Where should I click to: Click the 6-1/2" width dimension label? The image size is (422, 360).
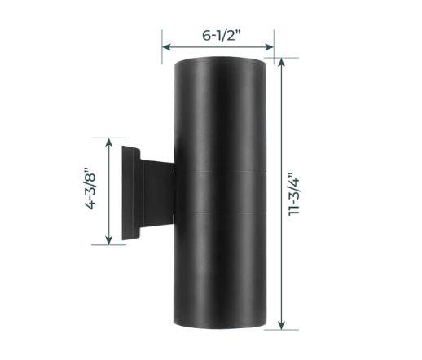pos(222,35)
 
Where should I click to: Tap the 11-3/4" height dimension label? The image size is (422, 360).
pos(294,194)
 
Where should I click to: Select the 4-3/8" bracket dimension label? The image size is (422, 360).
pos(90,189)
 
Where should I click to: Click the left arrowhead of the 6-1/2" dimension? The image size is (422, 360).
pos(166,47)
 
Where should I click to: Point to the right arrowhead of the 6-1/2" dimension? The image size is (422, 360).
pos(270,47)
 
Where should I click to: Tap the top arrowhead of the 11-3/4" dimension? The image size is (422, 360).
pos(281,63)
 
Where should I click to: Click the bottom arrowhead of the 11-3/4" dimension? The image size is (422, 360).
pos(281,325)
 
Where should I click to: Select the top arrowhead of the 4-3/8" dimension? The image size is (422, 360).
pos(109,143)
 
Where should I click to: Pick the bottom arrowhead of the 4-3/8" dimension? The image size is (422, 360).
pos(109,240)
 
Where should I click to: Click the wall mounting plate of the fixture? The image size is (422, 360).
pos(131,193)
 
